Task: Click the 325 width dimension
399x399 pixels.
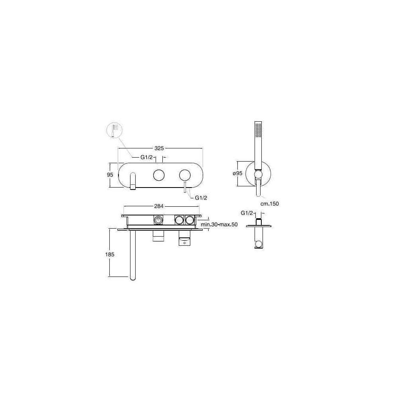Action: pyautogui.click(x=159, y=148)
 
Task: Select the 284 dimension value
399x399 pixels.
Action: pyautogui.click(x=159, y=206)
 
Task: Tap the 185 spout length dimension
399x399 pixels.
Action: pyautogui.click(x=110, y=255)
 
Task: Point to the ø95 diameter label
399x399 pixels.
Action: pyautogui.click(x=237, y=174)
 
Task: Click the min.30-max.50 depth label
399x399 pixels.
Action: pyautogui.click(x=219, y=224)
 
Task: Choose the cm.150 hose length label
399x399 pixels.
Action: pyautogui.click(x=269, y=204)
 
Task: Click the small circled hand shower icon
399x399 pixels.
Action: pyautogui.click(x=114, y=130)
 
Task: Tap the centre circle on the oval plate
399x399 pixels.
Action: pyautogui.click(x=159, y=175)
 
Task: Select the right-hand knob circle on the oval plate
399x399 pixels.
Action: pyautogui.click(x=185, y=175)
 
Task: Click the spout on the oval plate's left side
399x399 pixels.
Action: pyautogui.click(x=132, y=181)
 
